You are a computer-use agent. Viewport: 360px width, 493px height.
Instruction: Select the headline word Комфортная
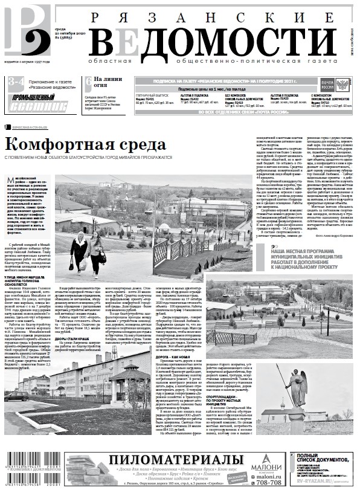pyautogui.click(x=60, y=145)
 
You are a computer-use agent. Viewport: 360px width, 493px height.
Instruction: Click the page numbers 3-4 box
pyautogui.click(x=16, y=82)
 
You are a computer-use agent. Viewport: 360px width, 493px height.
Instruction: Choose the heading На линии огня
pyautogui.click(x=108, y=83)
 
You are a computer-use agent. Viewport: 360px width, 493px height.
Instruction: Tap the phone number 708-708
pyautogui.click(x=269, y=482)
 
